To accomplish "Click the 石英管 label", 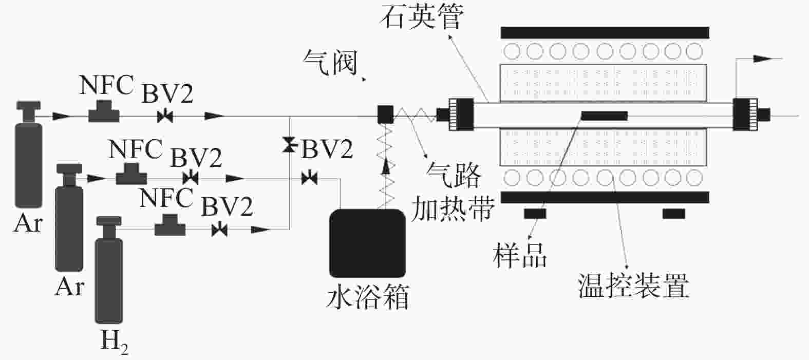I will (422, 19).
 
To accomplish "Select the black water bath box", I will (367, 243).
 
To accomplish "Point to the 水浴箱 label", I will (368, 297).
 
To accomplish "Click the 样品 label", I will (520, 255).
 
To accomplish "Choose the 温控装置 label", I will (633, 286).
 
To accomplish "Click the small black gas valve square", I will (385, 115).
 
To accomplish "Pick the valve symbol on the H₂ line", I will (220, 230).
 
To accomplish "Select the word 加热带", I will (454, 208).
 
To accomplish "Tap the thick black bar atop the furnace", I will (605, 32).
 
